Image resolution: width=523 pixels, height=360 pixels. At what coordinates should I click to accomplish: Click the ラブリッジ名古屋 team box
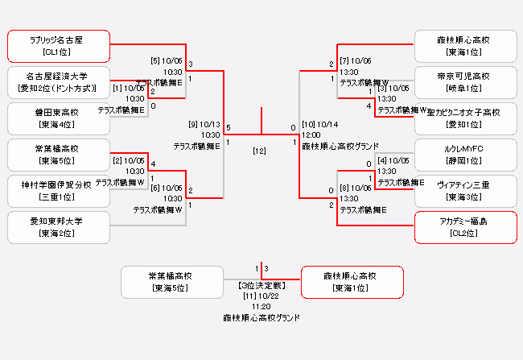coord(60,46)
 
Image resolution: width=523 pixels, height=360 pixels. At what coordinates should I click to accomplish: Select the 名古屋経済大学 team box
coord(60,82)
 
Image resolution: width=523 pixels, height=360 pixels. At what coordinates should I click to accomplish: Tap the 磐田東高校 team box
coord(60,118)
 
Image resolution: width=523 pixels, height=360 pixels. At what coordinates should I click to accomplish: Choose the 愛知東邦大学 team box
coord(60,227)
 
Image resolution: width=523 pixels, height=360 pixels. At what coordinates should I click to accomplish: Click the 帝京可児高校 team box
coord(464,82)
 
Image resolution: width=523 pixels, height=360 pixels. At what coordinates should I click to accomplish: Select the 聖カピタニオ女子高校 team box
coord(464,118)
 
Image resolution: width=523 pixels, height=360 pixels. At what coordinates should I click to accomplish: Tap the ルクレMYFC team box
coord(464,155)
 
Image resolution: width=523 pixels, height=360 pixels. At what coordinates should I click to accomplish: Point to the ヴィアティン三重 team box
coord(464,191)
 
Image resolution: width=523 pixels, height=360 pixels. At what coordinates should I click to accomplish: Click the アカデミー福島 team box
coord(464,227)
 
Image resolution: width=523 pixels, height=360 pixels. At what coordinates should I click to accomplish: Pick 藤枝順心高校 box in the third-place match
coord(351,282)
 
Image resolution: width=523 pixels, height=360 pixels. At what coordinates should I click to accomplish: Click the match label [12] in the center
coord(260,151)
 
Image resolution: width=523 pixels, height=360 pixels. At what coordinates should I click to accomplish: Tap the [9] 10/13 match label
coord(204,125)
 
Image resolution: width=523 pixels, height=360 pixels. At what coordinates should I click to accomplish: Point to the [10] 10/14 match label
coord(320,125)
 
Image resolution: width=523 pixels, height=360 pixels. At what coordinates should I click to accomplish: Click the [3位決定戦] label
coord(261,286)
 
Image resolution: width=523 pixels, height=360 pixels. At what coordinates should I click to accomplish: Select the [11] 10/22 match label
coord(261,296)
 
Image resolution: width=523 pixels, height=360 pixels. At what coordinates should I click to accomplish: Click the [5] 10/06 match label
coord(166,60)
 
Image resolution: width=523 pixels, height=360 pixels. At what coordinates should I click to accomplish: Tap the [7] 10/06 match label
coord(355,60)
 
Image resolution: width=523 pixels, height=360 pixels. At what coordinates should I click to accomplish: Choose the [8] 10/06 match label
coord(355,188)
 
